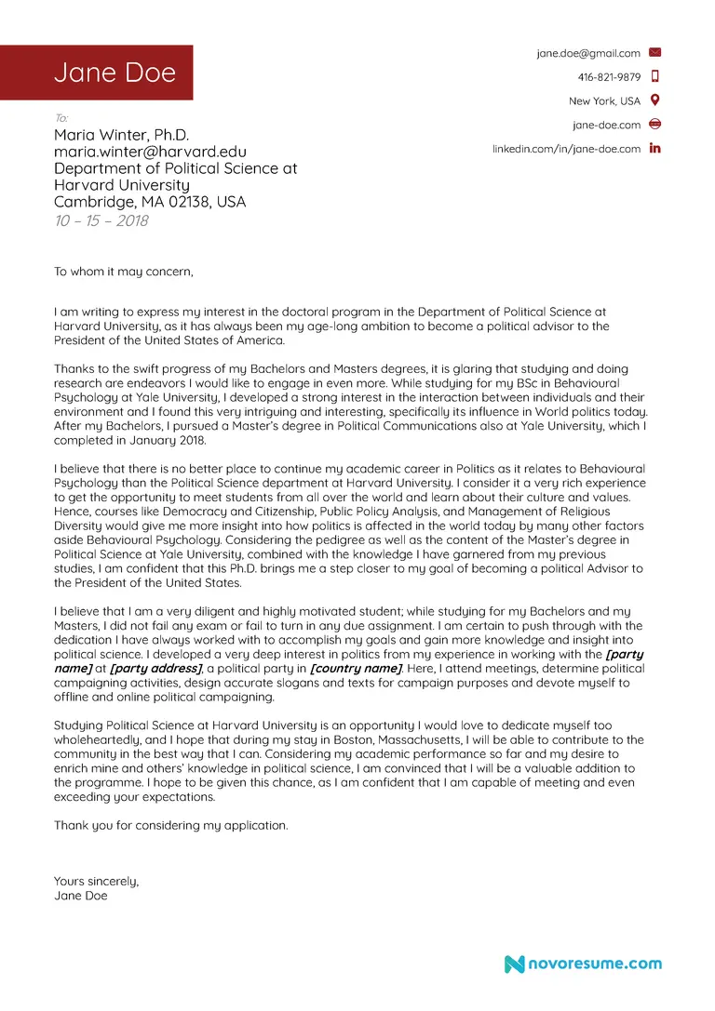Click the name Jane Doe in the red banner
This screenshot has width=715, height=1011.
click(115, 73)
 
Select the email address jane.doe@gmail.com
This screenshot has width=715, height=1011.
click(587, 54)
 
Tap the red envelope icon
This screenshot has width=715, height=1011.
click(654, 53)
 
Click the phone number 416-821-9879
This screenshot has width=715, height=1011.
click(609, 77)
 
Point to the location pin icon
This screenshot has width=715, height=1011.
click(654, 100)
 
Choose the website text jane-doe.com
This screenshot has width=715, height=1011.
click(606, 125)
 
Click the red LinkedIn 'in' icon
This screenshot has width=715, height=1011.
click(654, 148)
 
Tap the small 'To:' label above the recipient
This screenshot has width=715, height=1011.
click(61, 118)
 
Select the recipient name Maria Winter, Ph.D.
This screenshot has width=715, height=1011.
click(121, 135)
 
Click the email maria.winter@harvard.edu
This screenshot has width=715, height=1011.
click(150, 152)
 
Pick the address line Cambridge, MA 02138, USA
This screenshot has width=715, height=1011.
click(149, 202)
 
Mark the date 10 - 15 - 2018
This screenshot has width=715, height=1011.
click(101, 220)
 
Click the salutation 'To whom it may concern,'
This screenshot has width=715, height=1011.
click(123, 272)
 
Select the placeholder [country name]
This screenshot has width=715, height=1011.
click(357, 669)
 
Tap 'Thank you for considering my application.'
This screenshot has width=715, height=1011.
click(170, 825)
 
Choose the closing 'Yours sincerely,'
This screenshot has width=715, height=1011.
click(96, 881)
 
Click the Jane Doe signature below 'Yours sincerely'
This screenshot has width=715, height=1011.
click(80, 896)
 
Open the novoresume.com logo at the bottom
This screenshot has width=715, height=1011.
click(583, 964)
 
